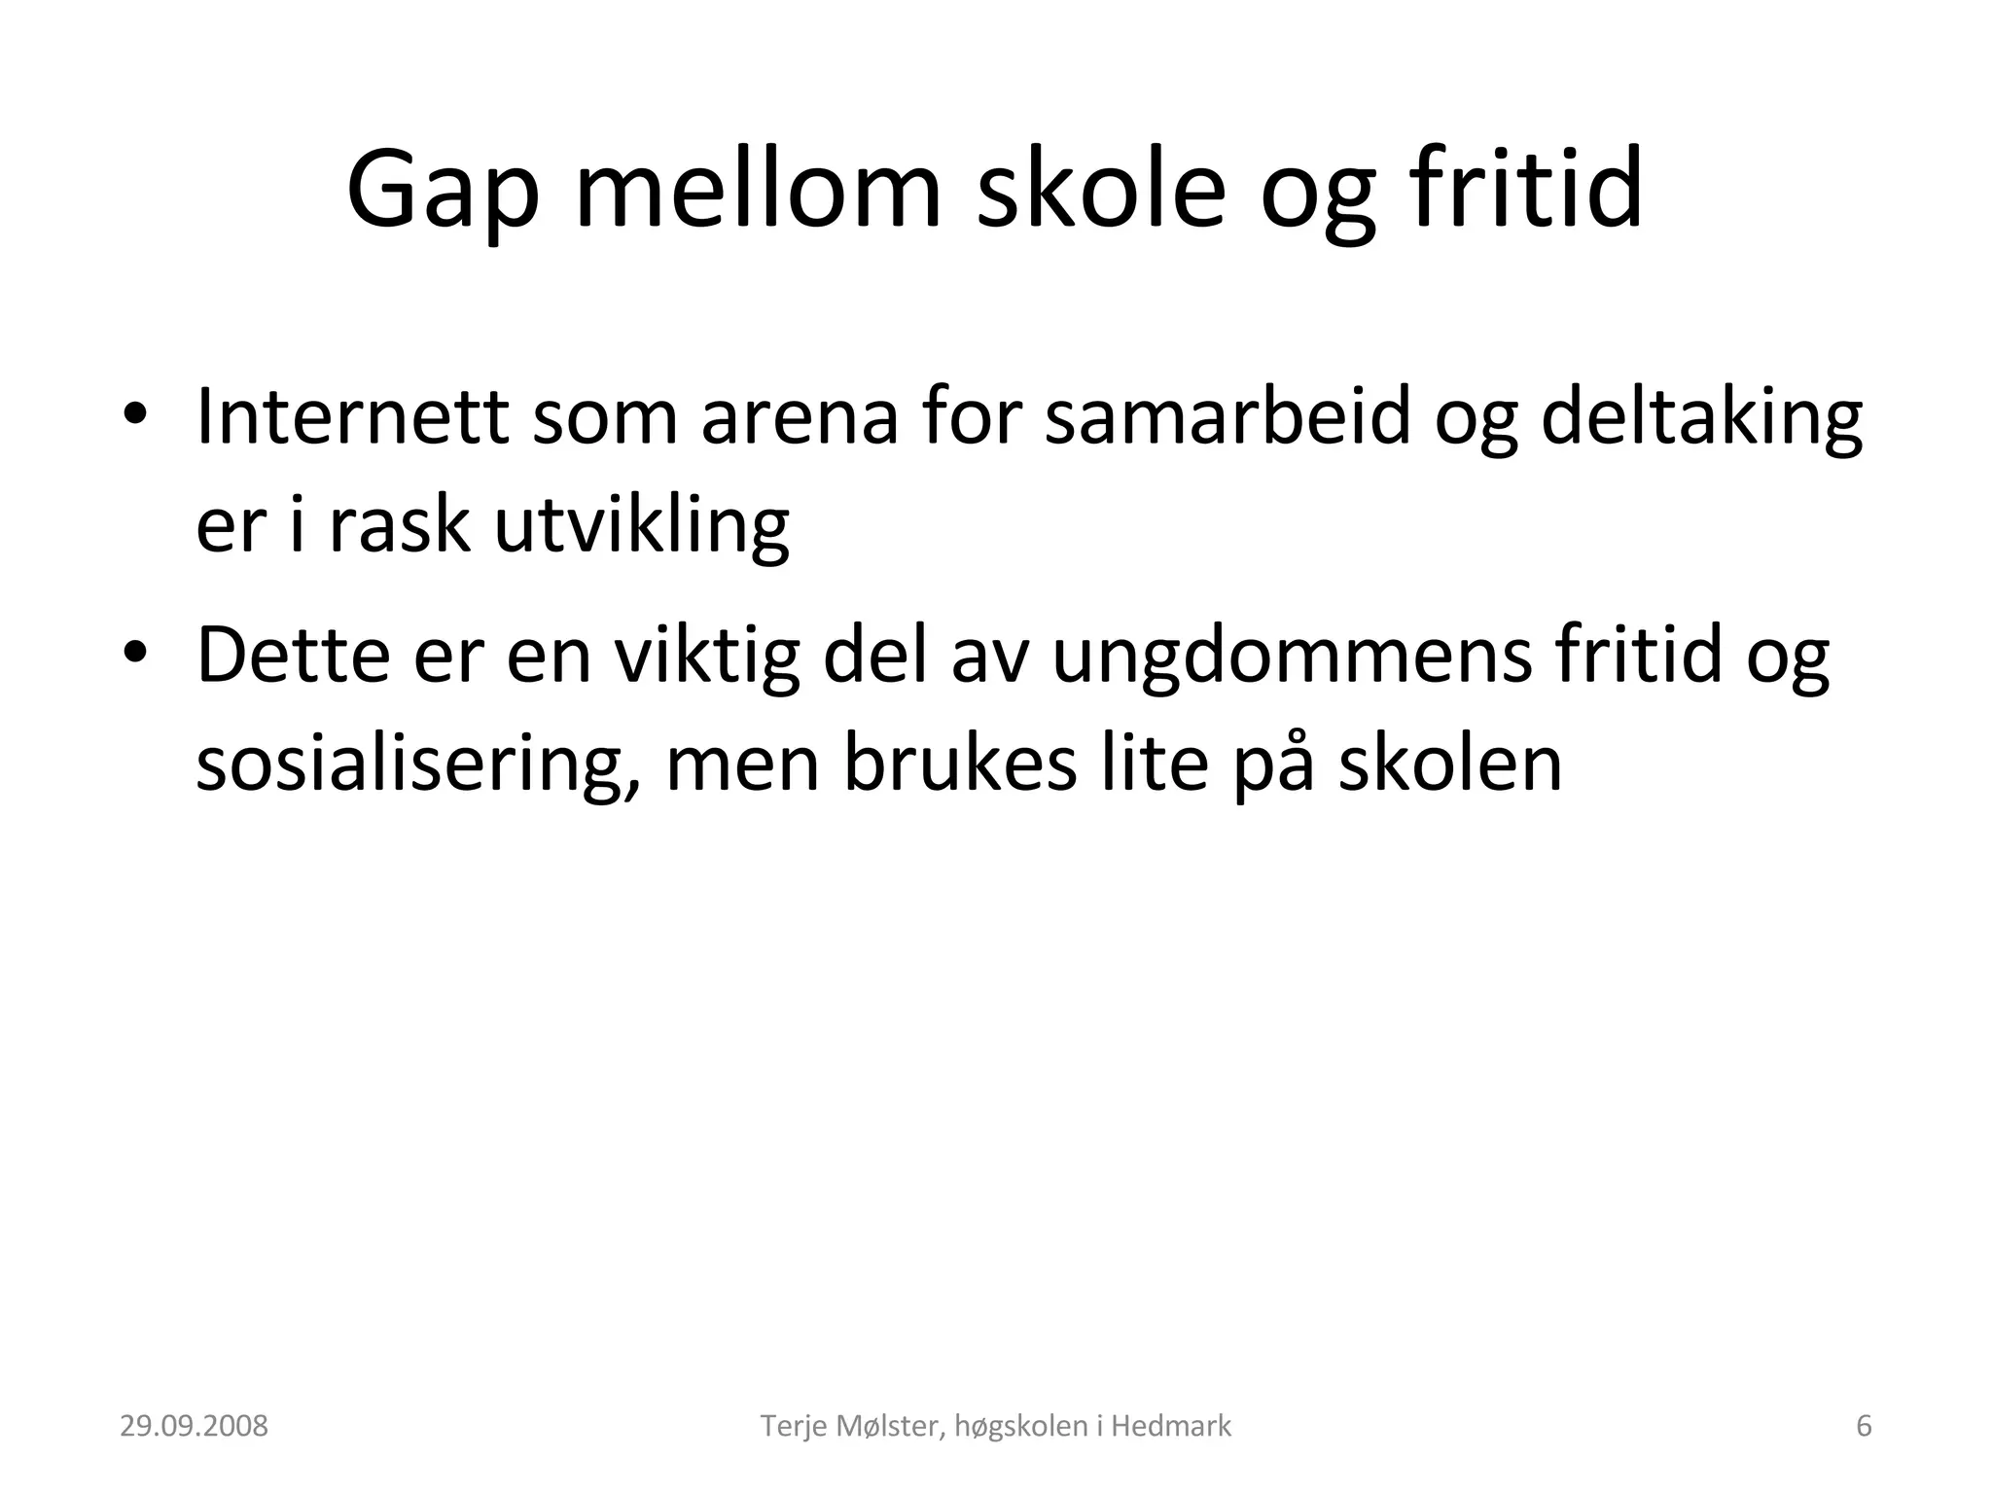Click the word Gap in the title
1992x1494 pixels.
pyautogui.click(x=443, y=191)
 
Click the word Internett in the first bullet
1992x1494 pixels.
pyautogui.click(x=352, y=416)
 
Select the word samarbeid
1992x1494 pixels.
pyautogui.click(x=1227, y=416)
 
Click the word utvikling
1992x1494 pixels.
pyautogui.click(x=641, y=525)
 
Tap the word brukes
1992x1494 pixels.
pyautogui.click(x=959, y=764)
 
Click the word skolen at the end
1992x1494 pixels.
pyautogui.click(x=1449, y=764)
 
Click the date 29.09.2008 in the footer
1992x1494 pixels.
pyautogui.click(x=194, y=1427)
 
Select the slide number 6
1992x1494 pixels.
pyautogui.click(x=1864, y=1427)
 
